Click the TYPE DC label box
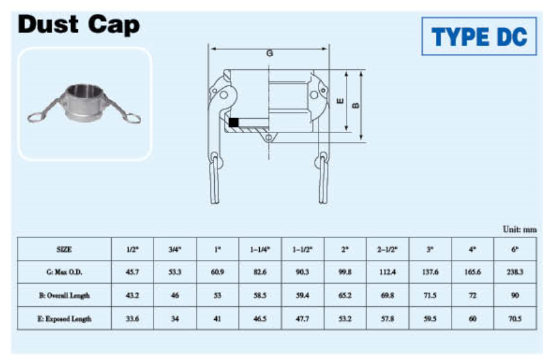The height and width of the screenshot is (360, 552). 479,36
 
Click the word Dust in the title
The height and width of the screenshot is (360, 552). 48,24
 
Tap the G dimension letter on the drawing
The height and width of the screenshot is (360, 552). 270,54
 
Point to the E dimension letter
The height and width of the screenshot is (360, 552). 340,101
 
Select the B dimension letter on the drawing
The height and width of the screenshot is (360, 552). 355,105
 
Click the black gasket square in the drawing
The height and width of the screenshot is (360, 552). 234,122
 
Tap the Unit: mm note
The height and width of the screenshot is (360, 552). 520,229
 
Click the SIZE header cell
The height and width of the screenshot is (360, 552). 64,249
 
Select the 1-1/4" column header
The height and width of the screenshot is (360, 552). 260,249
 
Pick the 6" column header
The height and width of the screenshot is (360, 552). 515,249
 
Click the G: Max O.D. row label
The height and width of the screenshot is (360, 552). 64,272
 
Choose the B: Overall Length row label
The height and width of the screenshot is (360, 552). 64,295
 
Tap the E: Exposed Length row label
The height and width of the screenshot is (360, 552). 64,319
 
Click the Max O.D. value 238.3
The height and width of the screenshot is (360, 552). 515,272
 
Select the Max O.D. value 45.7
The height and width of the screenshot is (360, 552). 132,272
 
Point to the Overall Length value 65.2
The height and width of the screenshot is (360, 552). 345,295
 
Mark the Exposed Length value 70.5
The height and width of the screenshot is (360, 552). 515,319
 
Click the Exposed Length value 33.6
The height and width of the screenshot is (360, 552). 132,319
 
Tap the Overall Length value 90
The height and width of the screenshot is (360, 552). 515,295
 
